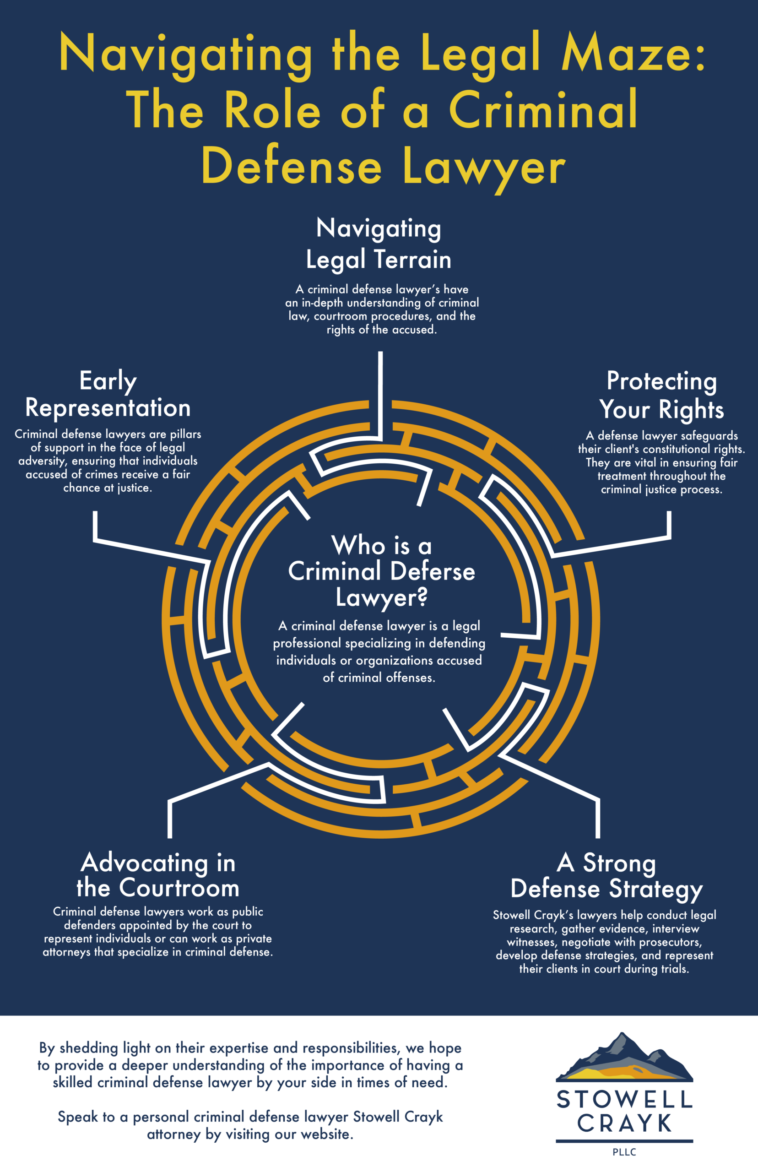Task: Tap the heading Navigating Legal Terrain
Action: [x=379, y=244]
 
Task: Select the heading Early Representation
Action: [x=108, y=394]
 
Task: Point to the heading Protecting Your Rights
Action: [x=661, y=395]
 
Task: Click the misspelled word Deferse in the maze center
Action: [x=433, y=571]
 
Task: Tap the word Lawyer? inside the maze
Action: [x=381, y=598]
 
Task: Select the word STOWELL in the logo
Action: [x=624, y=1100]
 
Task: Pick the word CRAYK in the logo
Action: [x=624, y=1124]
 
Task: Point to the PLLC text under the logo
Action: [x=624, y=1152]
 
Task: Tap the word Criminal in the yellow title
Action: [x=543, y=110]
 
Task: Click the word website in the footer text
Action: [x=325, y=1134]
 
